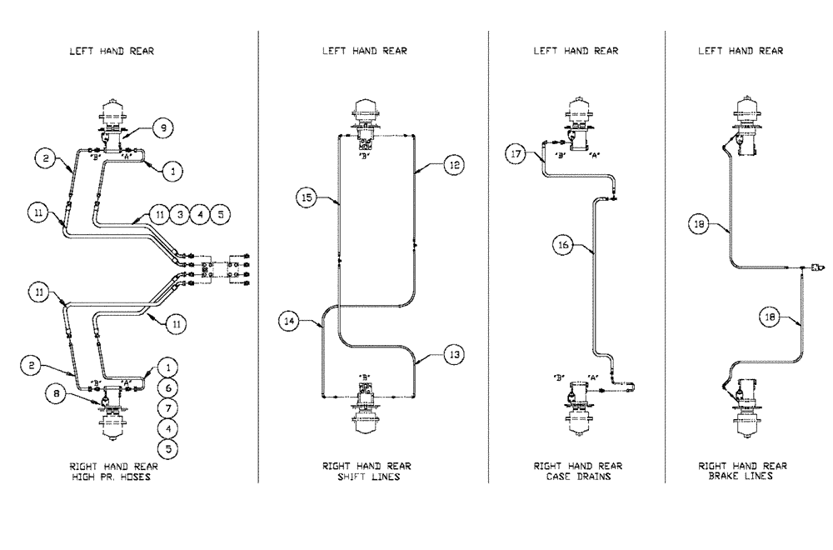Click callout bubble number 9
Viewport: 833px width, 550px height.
tap(163, 127)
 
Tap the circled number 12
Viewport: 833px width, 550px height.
tap(452, 166)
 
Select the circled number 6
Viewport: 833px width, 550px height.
tap(168, 387)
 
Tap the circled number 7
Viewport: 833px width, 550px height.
tap(168, 408)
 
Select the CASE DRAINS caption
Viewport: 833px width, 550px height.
tap(577, 477)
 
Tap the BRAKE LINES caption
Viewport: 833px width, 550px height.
tap(742, 477)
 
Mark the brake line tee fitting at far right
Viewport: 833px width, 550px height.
tap(815, 267)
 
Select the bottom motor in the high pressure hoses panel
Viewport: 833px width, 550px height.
tap(111, 417)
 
